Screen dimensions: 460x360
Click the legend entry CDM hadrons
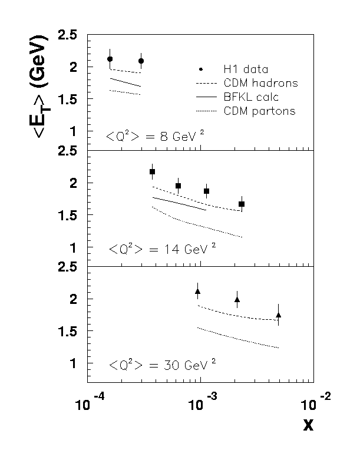[260, 82]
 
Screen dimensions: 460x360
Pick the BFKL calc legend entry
[251, 97]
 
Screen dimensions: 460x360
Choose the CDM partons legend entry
[259, 111]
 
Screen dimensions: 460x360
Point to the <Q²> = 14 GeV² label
[161, 250]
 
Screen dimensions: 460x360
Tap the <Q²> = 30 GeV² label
[161, 365]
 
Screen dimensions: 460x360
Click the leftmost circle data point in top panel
[110, 59]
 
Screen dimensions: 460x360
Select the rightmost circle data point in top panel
[141, 61]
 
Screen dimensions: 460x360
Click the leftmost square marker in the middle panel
[152, 172]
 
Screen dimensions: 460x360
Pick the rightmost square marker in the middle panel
[242, 204]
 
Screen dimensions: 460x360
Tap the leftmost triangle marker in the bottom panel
[198, 291]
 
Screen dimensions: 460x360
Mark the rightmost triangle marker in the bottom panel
[278, 315]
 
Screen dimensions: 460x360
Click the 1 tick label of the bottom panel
[73, 363]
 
